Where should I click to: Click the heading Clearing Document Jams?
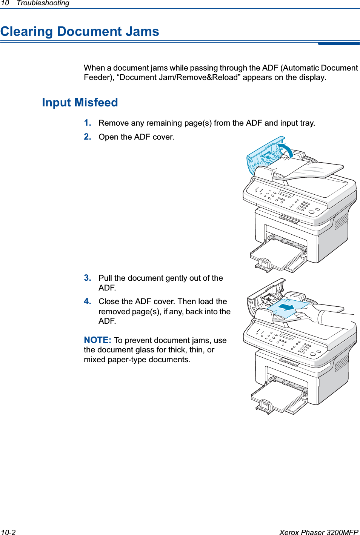(x=80, y=31)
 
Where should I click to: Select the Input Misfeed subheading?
(x=80, y=103)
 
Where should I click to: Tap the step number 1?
(x=87, y=123)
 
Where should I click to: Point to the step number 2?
(x=87, y=137)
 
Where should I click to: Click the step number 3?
(x=87, y=278)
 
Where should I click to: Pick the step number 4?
(x=87, y=301)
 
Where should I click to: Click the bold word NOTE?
(x=97, y=340)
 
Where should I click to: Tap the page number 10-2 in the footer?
(x=8, y=532)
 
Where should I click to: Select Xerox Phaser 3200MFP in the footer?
(x=318, y=532)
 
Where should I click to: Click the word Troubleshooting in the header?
(x=43, y=3)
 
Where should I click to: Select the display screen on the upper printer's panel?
(x=286, y=194)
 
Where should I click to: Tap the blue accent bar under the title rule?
(x=338, y=44)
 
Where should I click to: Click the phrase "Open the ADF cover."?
(x=136, y=137)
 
